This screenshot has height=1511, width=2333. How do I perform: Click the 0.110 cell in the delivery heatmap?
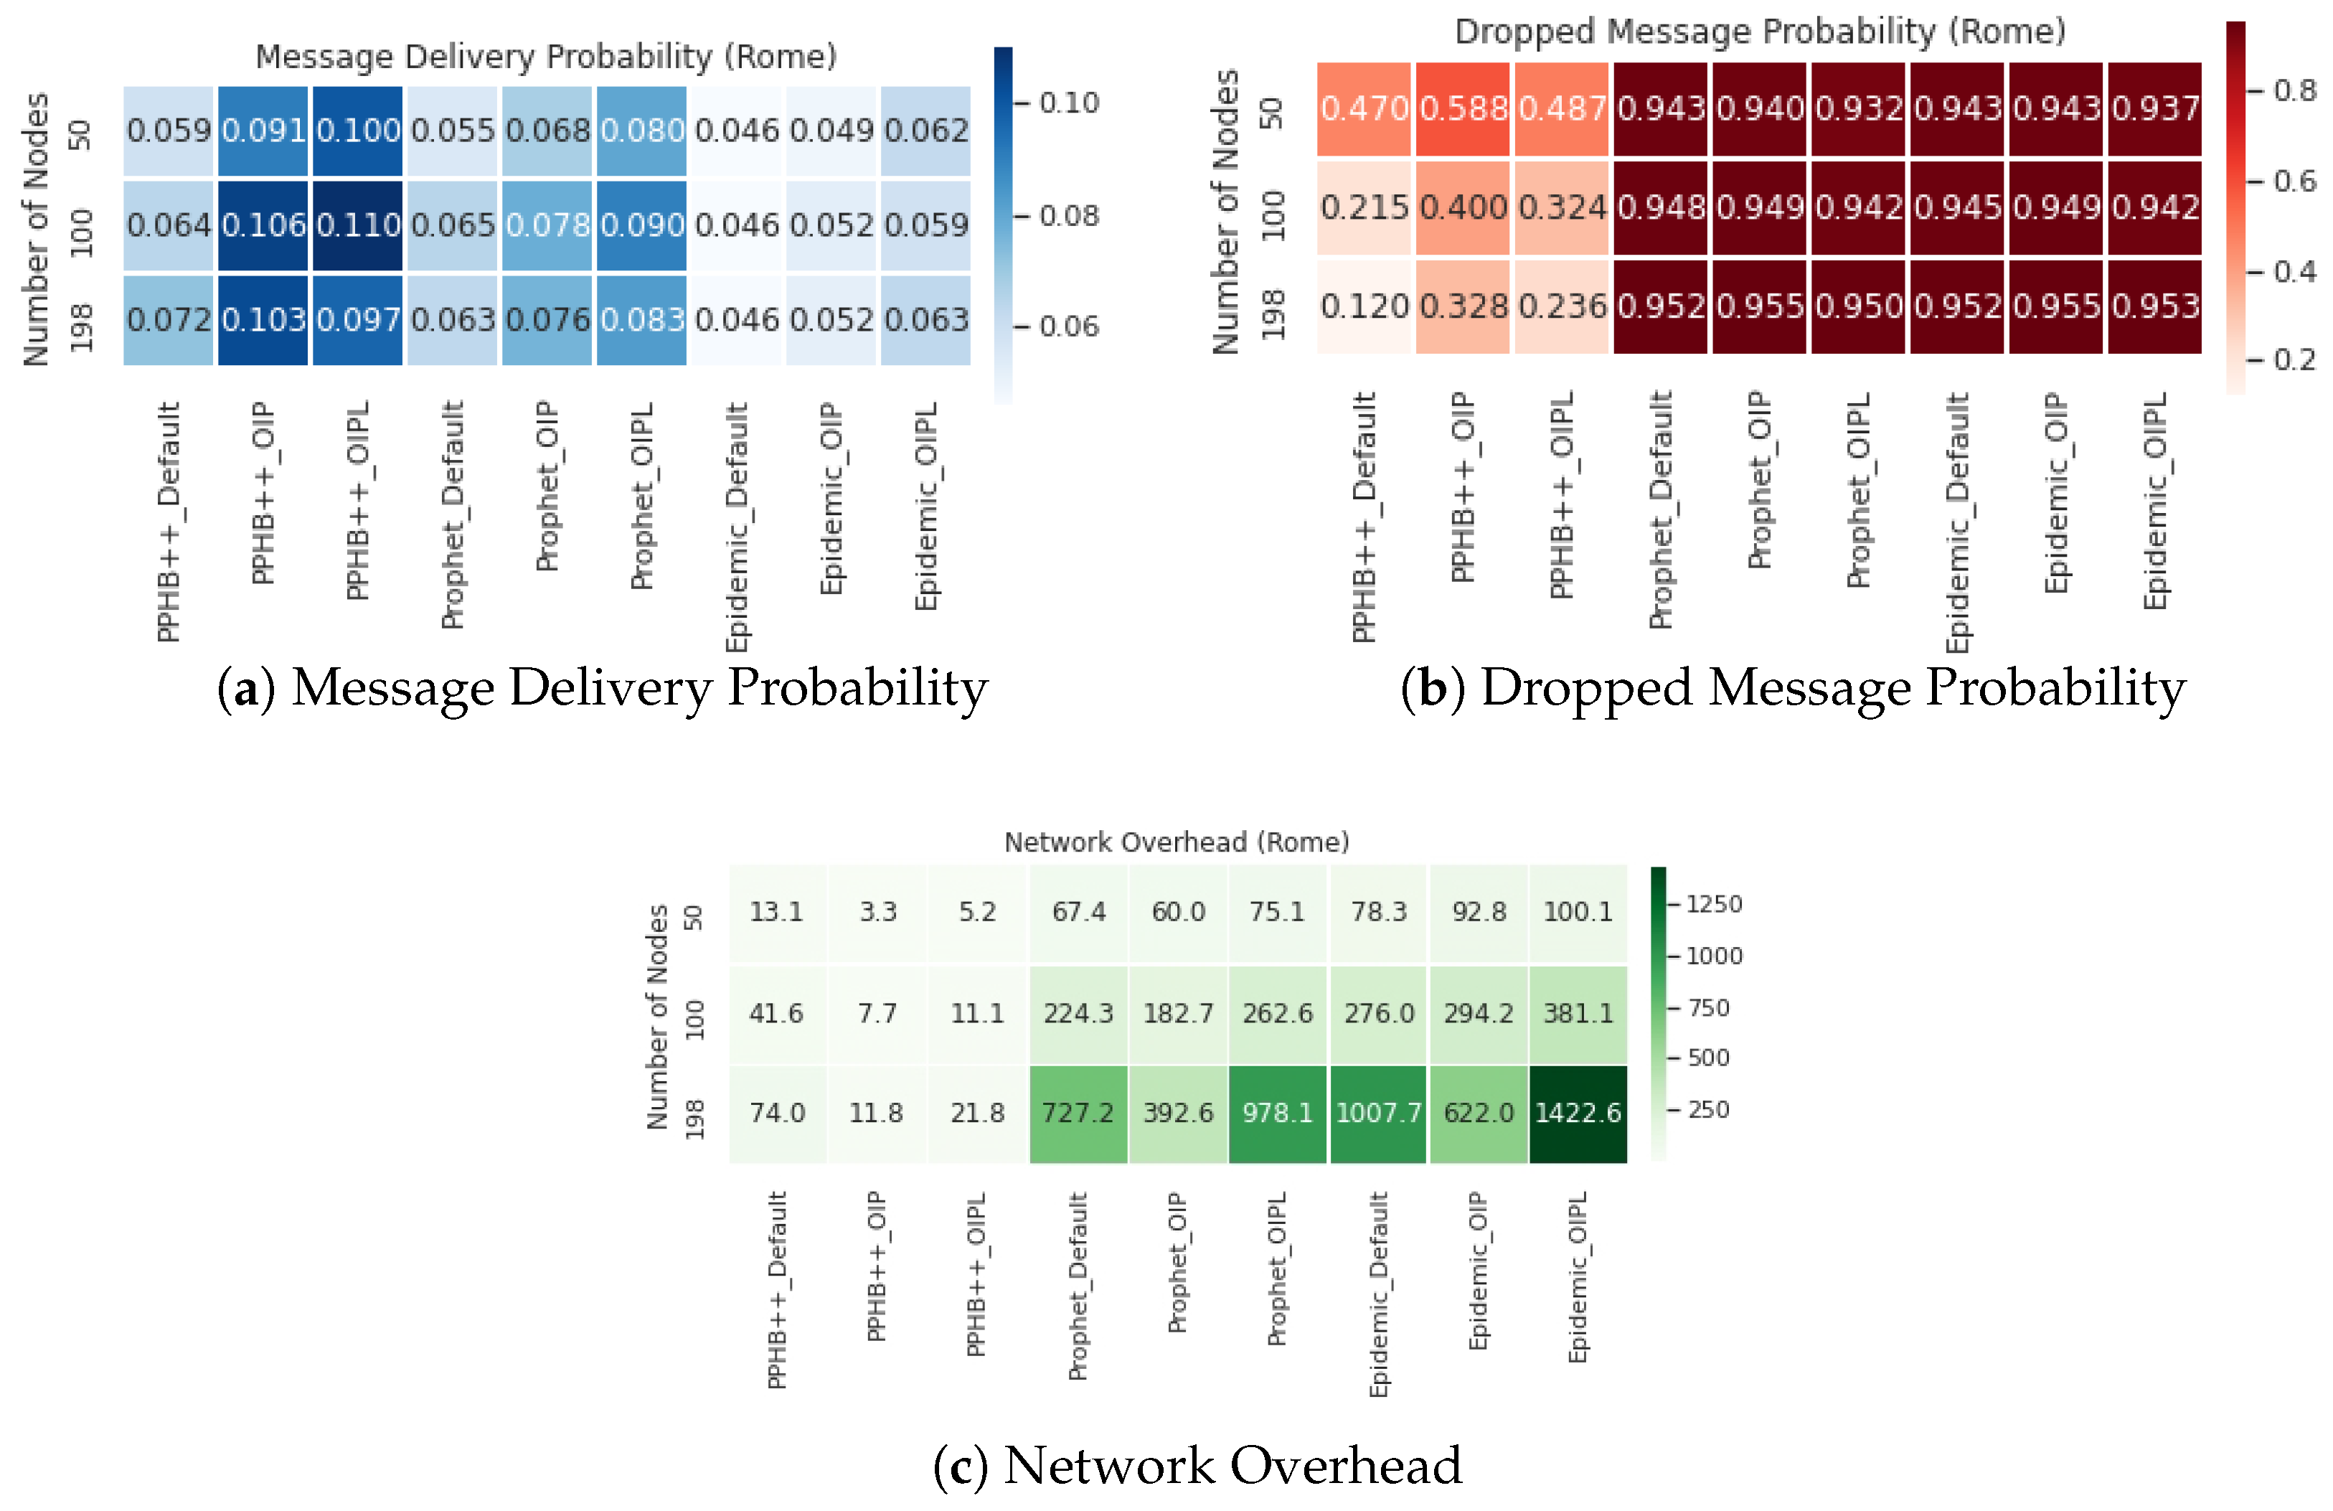[x=358, y=225]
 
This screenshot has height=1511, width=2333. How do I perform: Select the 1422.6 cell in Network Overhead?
[x=1578, y=1113]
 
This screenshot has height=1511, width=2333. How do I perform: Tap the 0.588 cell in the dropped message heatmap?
[x=1463, y=109]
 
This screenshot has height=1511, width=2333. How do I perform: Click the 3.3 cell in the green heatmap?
[x=877, y=912]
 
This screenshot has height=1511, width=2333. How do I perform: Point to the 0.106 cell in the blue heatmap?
[x=263, y=225]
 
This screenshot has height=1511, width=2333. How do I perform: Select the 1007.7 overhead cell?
[x=1378, y=1113]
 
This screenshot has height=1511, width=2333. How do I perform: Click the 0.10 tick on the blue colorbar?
[x=1068, y=103]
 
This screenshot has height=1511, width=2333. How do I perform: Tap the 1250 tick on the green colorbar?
[x=1713, y=904]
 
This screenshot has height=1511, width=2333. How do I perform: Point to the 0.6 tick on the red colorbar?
[x=2294, y=182]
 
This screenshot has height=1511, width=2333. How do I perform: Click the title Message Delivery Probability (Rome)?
[x=546, y=57]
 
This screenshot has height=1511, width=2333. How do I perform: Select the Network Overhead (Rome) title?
[x=1177, y=842]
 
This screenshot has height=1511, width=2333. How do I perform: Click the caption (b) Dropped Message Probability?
[x=1793, y=687]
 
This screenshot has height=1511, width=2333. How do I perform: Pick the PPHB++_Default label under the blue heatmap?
[x=169, y=522]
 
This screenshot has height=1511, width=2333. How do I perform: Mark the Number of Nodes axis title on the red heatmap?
[x=1225, y=211]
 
